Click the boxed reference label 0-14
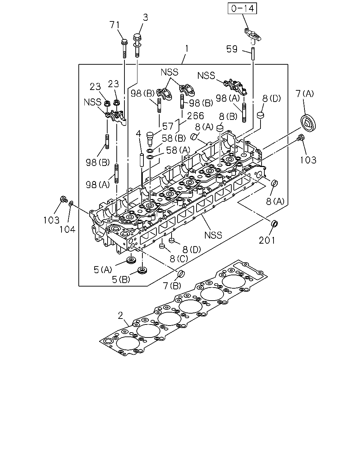242,8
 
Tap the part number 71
115,25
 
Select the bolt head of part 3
137,38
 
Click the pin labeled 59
253,54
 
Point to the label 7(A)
304,94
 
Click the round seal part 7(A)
308,124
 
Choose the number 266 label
195,116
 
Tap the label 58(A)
178,150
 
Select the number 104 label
67,229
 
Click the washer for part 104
71,203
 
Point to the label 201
267,240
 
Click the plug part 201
274,224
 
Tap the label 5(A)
103,270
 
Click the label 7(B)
172,285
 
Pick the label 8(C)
179,259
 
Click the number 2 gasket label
120,316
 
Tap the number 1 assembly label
186,49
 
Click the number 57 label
168,126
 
